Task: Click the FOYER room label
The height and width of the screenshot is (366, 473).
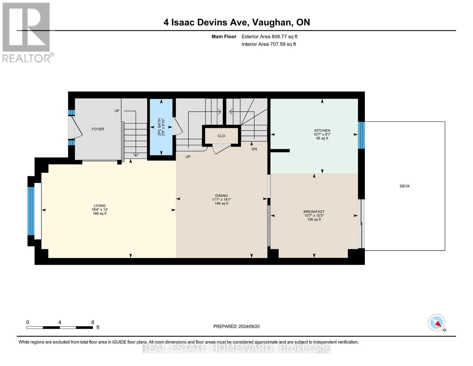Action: (x=98, y=129)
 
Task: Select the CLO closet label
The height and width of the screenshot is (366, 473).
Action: (x=221, y=136)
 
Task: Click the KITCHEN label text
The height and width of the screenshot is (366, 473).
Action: (x=322, y=131)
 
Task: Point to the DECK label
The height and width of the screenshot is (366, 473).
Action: (x=404, y=186)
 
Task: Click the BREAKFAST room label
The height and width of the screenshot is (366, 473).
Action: (x=314, y=212)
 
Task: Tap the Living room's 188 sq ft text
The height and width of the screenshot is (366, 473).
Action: (x=100, y=213)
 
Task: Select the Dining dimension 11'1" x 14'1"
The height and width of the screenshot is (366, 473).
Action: (x=221, y=199)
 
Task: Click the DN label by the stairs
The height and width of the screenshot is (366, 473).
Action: (x=254, y=149)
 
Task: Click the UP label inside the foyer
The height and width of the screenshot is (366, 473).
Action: (x=117, y=111)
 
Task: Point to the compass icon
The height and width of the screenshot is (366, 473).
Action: (x=436, y=323)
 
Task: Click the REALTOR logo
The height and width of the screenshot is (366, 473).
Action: (x=27, y=32)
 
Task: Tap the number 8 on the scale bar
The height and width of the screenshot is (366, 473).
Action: (x=93, y=322)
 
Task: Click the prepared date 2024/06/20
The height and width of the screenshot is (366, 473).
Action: (x=249, y=326)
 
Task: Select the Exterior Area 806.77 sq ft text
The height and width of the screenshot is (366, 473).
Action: (x=269, y=37)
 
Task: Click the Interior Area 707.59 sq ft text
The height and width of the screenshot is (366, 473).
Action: (x=269, y=44)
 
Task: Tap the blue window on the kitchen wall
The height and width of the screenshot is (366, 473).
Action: (x=361, y=135)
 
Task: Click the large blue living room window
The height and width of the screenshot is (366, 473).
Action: (x=31, y=211)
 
